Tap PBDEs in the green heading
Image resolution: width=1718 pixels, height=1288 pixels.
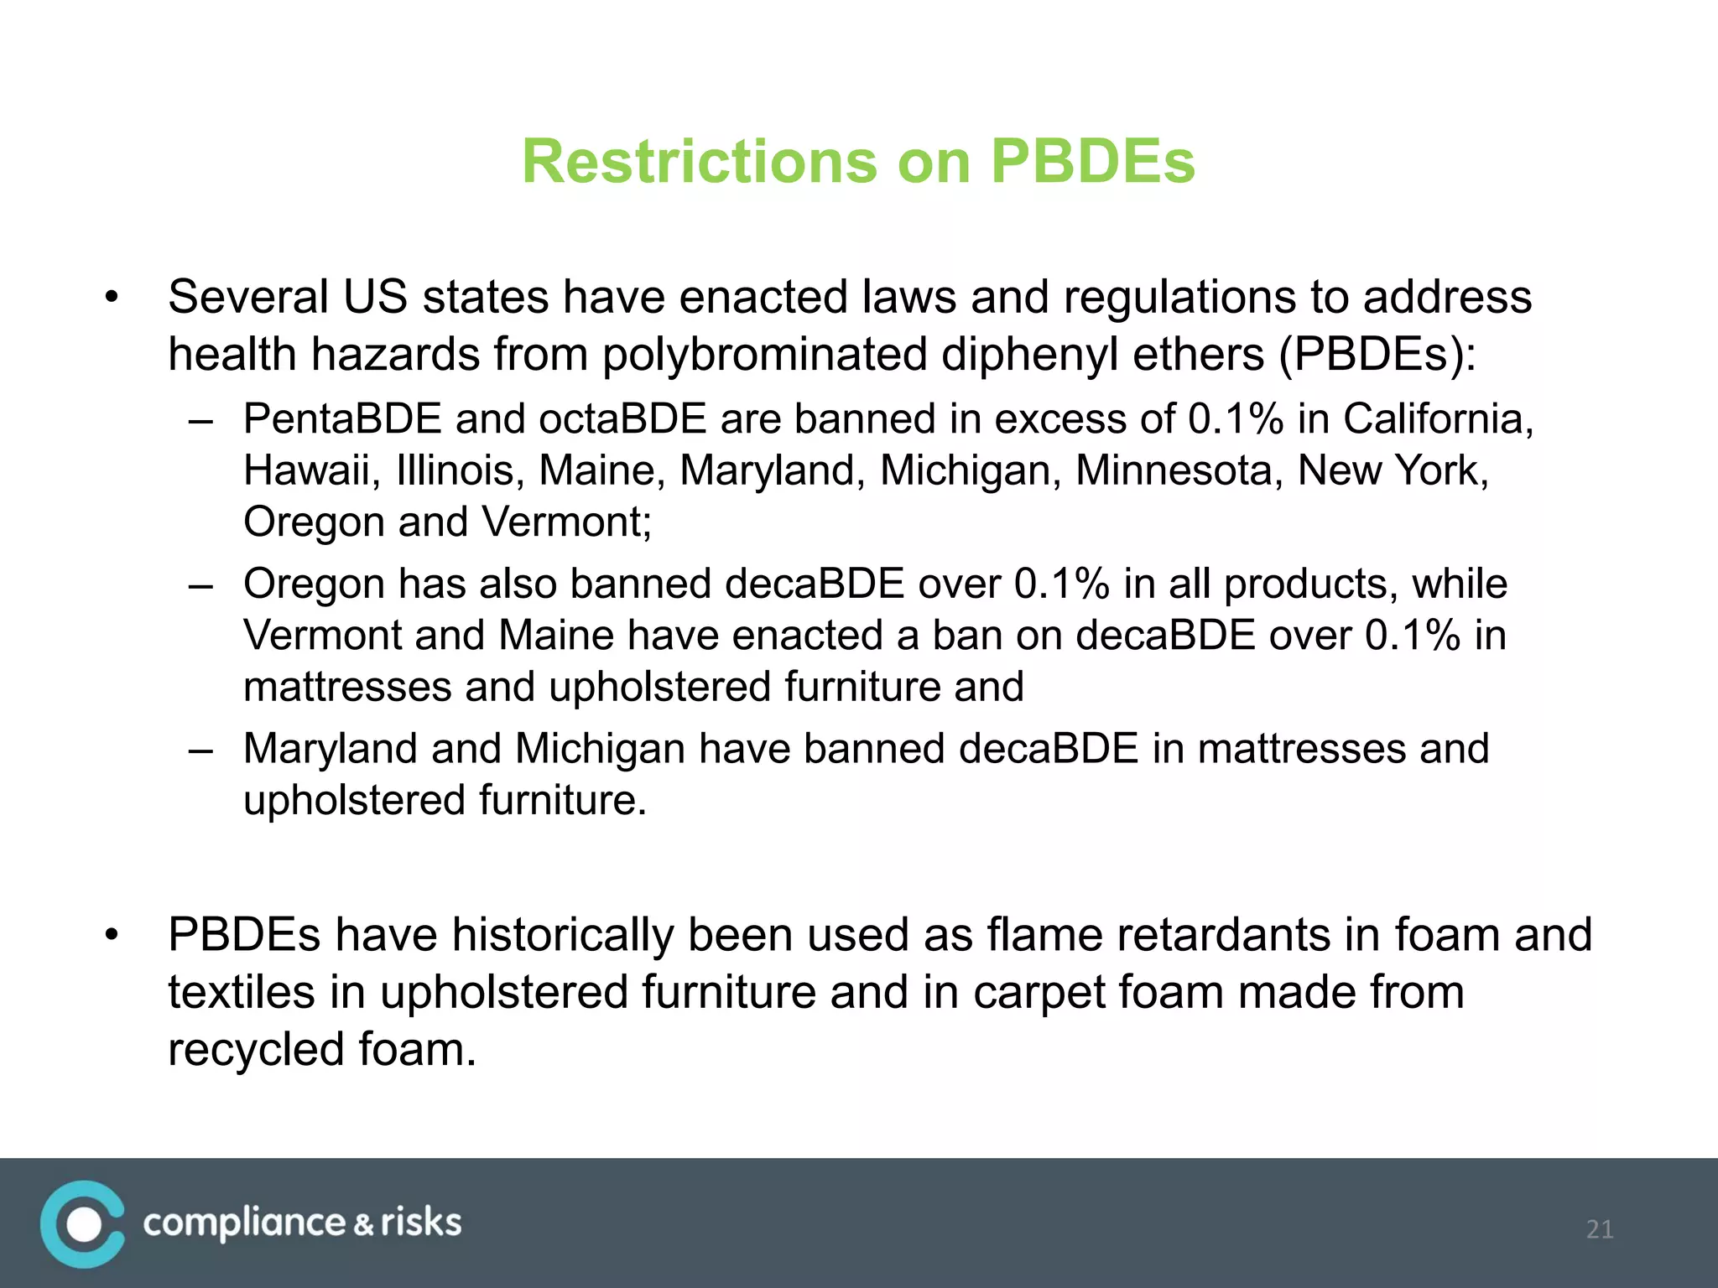[x=1092, y=161]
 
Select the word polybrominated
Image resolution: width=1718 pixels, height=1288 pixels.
[x=764, y=354]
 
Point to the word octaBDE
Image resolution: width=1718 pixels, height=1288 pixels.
[x=622, y=418]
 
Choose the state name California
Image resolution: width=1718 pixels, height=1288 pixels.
[x=1438, y=418]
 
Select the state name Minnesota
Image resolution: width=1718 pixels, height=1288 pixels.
[x=1179, y=470]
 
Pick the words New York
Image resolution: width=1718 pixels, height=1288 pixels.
[x=1393, y=470]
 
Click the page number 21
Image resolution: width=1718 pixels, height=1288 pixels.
[x=1599, y=1229]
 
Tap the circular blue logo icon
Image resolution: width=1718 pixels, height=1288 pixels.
[x=82, y=1224]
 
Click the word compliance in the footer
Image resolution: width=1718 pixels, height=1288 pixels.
[x=244, y=1223]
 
